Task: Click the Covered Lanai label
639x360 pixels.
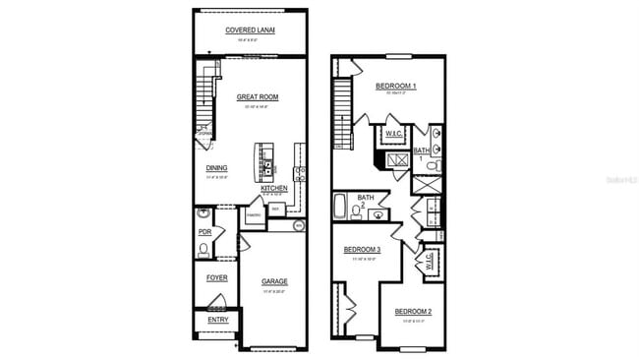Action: pyautogui.click(x=250, y=30)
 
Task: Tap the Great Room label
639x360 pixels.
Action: pyautogui.click(x=259, y=97)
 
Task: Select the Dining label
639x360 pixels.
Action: pyautogui.click(x=216, y=168)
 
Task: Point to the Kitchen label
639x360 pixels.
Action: pyautogui.click(x=274, y=188)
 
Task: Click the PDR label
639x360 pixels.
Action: pyautogui.click(x=204, y=232)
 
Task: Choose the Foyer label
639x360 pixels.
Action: pyautogui.click(x=216, y=277)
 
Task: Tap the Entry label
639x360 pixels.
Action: pyautogui.click(x=216, y=320)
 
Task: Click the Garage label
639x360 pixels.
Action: pyautogui.click(x=274, y=281)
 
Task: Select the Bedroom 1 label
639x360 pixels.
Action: pyautogui.click(x=395, y=87)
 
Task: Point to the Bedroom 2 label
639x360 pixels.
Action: pyautogui.click(x=413, y=312)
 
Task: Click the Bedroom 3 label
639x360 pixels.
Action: pyautogui.click(x=362, y=250)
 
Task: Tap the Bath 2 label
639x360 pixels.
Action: pyautogui.click(x=366, y=202)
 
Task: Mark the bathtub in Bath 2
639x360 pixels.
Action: pyautogui.click(x=340, y=208)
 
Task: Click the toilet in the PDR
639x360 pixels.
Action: pyautogui.click(x=203, y=250)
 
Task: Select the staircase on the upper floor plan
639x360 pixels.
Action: pyautogui.click(x=342, y=108)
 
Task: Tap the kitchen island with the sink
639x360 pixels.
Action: pyautogui.click(x=265, y=162)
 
